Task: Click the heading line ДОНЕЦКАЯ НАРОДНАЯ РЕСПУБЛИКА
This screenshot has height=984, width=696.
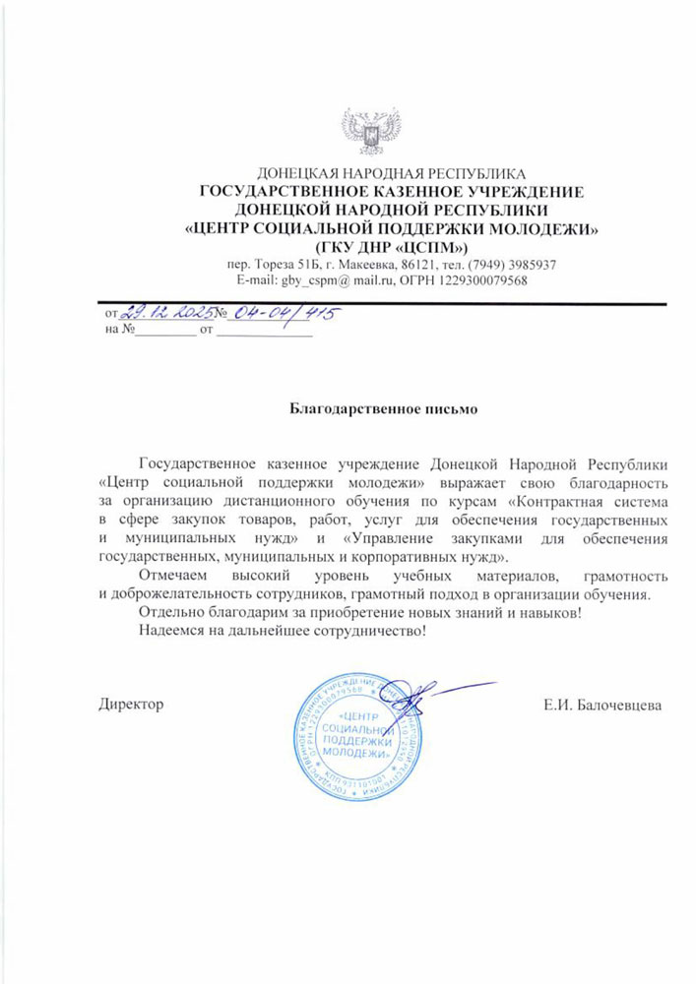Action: pyautogui.click(x=391, y=174)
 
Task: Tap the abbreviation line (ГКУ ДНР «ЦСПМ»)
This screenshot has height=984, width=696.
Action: pyautogui.click(x=391, y=245)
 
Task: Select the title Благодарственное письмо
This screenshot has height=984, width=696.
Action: pyautogui.click(x=391, y=406)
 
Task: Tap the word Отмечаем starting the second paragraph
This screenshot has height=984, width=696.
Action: pyautogui.click(x=173, y=576)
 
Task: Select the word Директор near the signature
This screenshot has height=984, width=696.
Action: pyautogui.click(x=131, y=705)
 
